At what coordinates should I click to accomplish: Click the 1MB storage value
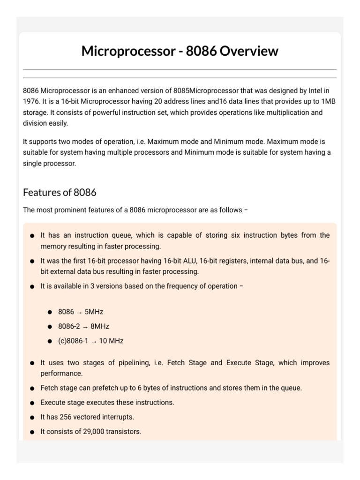click(328, 101)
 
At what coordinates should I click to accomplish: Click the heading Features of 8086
click(60, 192)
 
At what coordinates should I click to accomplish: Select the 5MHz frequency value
click(94, 312)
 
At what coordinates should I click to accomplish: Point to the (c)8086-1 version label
click(73, 341)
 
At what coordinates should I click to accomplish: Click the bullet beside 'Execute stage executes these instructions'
click(32, 403)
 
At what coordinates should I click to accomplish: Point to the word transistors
click(123, 432)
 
